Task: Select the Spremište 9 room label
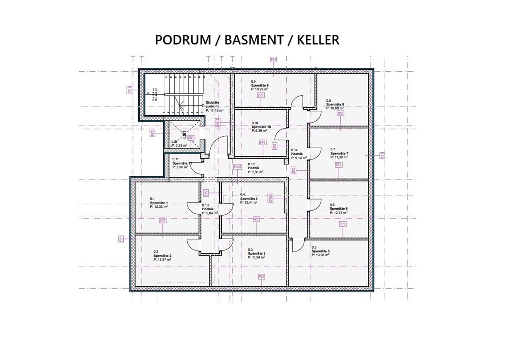260,86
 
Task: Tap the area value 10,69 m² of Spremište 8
337,108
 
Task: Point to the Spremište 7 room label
339,153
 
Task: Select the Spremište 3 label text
256,253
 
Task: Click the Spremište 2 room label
163,255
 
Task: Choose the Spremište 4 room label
249,198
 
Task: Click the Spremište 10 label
261,127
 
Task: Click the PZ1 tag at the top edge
273,60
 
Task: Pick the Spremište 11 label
181,164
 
